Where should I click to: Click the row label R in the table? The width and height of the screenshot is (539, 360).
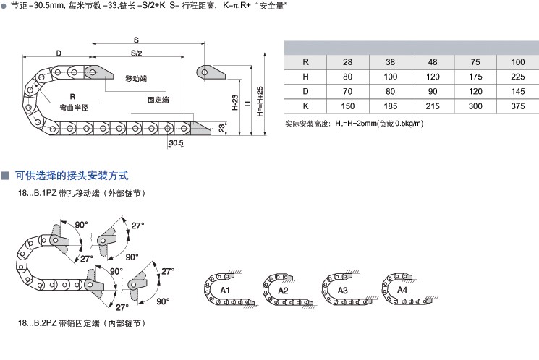pos(305,61)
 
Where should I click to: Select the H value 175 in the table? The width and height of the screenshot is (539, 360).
pos(475,76)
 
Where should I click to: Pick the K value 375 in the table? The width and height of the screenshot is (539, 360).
pos(517,105)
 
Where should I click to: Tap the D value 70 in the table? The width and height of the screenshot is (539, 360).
pos(347,90)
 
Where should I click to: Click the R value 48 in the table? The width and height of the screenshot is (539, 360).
pos(433,61)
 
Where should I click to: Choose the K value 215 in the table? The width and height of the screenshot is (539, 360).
pos(433,105)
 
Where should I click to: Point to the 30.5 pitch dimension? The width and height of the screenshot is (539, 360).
pos(176,143)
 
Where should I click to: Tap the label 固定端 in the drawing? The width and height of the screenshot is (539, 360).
pos(158,100)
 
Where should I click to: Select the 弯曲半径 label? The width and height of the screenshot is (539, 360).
pos(73,107)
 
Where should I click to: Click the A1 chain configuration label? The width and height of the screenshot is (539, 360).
pos(225,291)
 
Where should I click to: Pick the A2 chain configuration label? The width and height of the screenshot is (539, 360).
pos(284,291)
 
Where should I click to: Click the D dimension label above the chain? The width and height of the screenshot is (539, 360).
pos(59,53)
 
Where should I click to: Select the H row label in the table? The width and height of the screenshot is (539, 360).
pos(305,76)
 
